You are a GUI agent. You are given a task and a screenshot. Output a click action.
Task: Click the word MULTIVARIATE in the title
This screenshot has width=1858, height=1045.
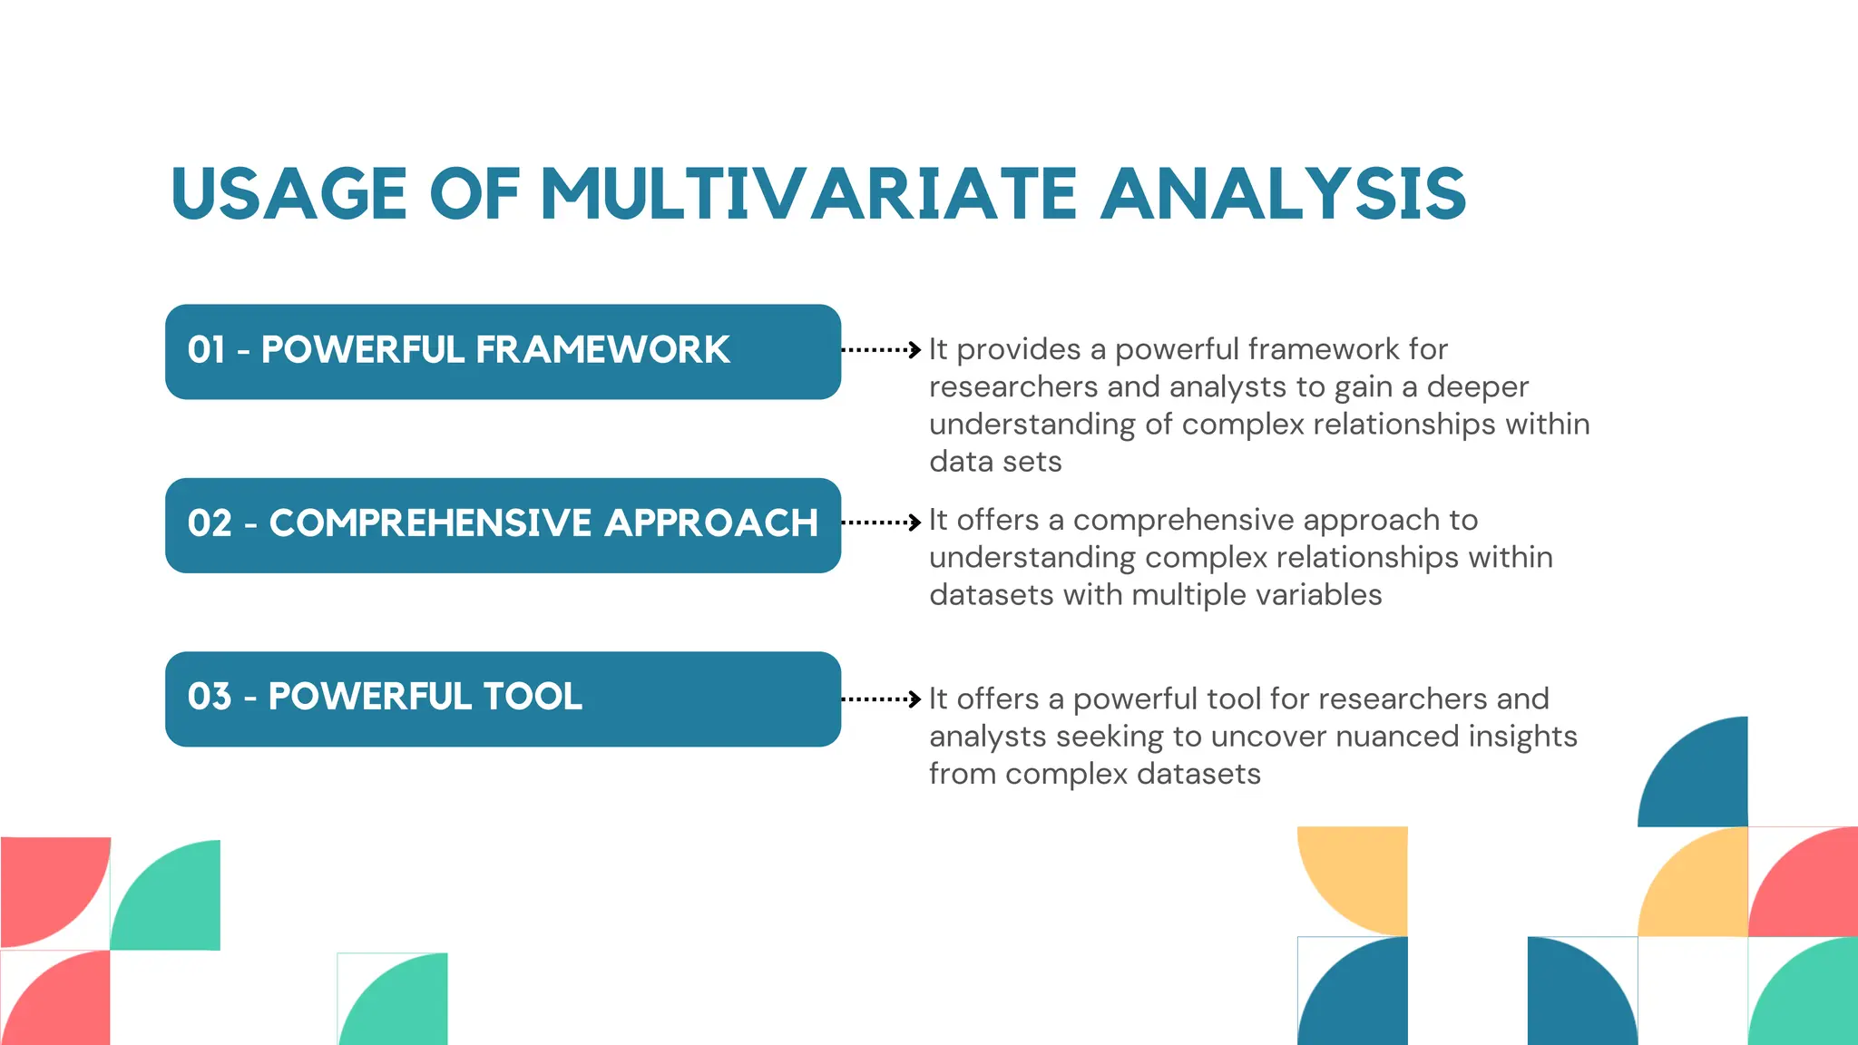808,194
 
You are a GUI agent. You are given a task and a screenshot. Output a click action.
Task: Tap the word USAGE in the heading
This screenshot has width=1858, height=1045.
288,194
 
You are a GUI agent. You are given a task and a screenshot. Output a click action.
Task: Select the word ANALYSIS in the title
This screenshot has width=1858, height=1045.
1283,194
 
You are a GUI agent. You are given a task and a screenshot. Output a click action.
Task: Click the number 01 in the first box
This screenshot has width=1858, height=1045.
206,350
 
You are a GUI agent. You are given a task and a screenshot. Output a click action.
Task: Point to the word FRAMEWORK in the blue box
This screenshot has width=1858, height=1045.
601,350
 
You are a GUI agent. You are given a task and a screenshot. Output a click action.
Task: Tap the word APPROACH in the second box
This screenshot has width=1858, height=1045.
711,523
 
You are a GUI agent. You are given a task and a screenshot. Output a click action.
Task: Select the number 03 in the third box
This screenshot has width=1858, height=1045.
210,697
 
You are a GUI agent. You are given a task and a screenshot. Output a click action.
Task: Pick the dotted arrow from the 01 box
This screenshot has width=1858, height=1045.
881,349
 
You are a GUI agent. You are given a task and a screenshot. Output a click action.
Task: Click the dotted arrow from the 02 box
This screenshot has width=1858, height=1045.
881,522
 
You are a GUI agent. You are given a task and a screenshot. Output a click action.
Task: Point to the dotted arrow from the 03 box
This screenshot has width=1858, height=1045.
881,699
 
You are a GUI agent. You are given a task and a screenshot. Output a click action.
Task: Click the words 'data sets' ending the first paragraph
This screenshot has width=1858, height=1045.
995,462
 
